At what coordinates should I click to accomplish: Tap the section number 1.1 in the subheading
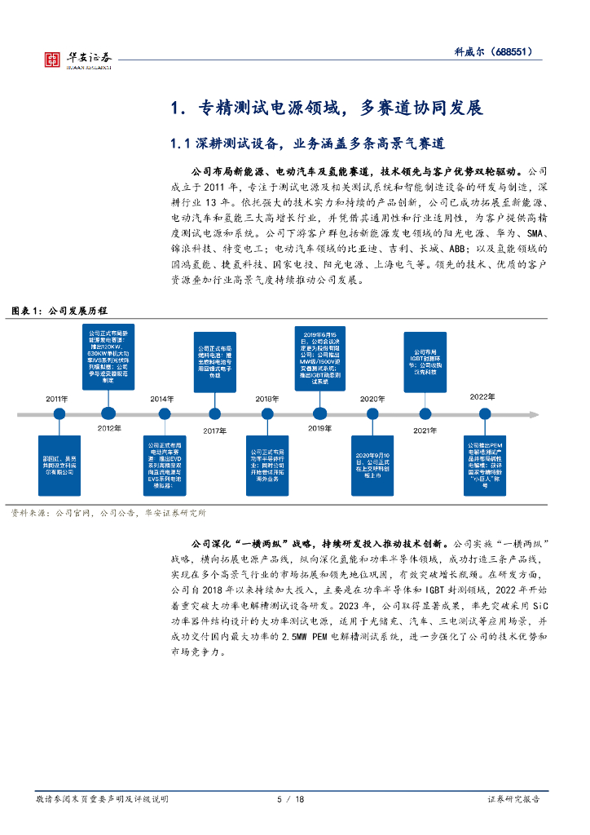(x=180, y=144)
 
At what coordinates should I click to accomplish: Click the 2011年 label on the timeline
(x=58, y=399)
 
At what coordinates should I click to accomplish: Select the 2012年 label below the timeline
(x=108, y=428)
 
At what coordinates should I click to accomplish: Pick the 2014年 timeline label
(x=161, y=399)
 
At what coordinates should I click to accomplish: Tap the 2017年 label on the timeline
(x=214, y=430)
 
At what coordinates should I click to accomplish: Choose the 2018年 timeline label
(x=266, y=399)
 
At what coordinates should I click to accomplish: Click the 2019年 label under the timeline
(x=319, y=428)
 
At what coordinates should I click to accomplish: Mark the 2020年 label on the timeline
(x=372, y=399)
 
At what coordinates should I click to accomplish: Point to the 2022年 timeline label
(x=482, y=396)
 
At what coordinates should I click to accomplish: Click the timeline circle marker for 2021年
(x=425, y=414)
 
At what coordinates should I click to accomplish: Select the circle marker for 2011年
(x=59, y=414)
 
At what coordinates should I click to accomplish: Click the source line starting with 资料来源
(x=108, y=513)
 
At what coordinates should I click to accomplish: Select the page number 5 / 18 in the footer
(x=292, y=800)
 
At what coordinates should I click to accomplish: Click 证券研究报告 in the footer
(x=513, y=800)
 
